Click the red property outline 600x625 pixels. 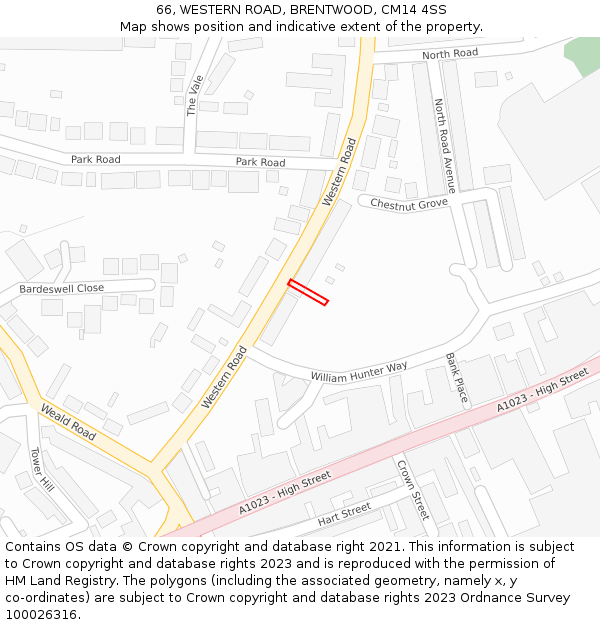308,292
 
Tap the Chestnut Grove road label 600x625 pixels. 409,204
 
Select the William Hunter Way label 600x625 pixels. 359,372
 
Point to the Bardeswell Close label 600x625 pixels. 61,288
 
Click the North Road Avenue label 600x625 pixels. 444,145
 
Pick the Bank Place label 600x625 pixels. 456,377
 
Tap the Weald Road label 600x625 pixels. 68,422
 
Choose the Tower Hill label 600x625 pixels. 41,469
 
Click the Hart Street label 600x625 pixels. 344,515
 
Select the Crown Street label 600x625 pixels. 412,489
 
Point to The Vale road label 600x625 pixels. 195,95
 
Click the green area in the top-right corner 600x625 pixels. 582,55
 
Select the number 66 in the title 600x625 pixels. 164,10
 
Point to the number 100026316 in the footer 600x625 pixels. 41,615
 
